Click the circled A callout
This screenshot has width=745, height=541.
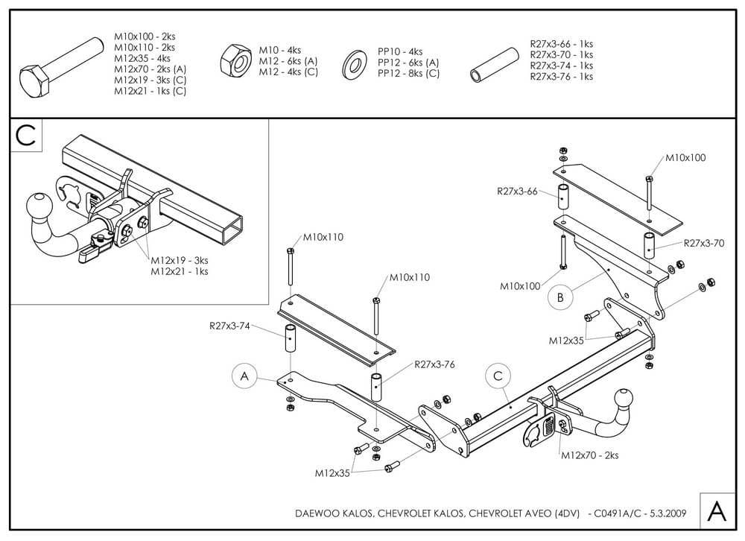pyautogui.click(x=244, y=377)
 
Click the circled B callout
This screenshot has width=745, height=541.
pyautogui.click(x=560, y=298)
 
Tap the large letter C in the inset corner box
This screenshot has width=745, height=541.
pyautogui.click(x=25, y=136)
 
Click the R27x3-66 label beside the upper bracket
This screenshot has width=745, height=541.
pyautogui.click(x=518, y=192)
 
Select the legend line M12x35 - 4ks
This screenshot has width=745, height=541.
pyautogui.click(x=142, y=58)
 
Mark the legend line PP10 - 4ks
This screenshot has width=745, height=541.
pyautogui.click(x=400, y=51)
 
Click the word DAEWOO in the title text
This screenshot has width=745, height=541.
pyautogui.click(x=317, y=513)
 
